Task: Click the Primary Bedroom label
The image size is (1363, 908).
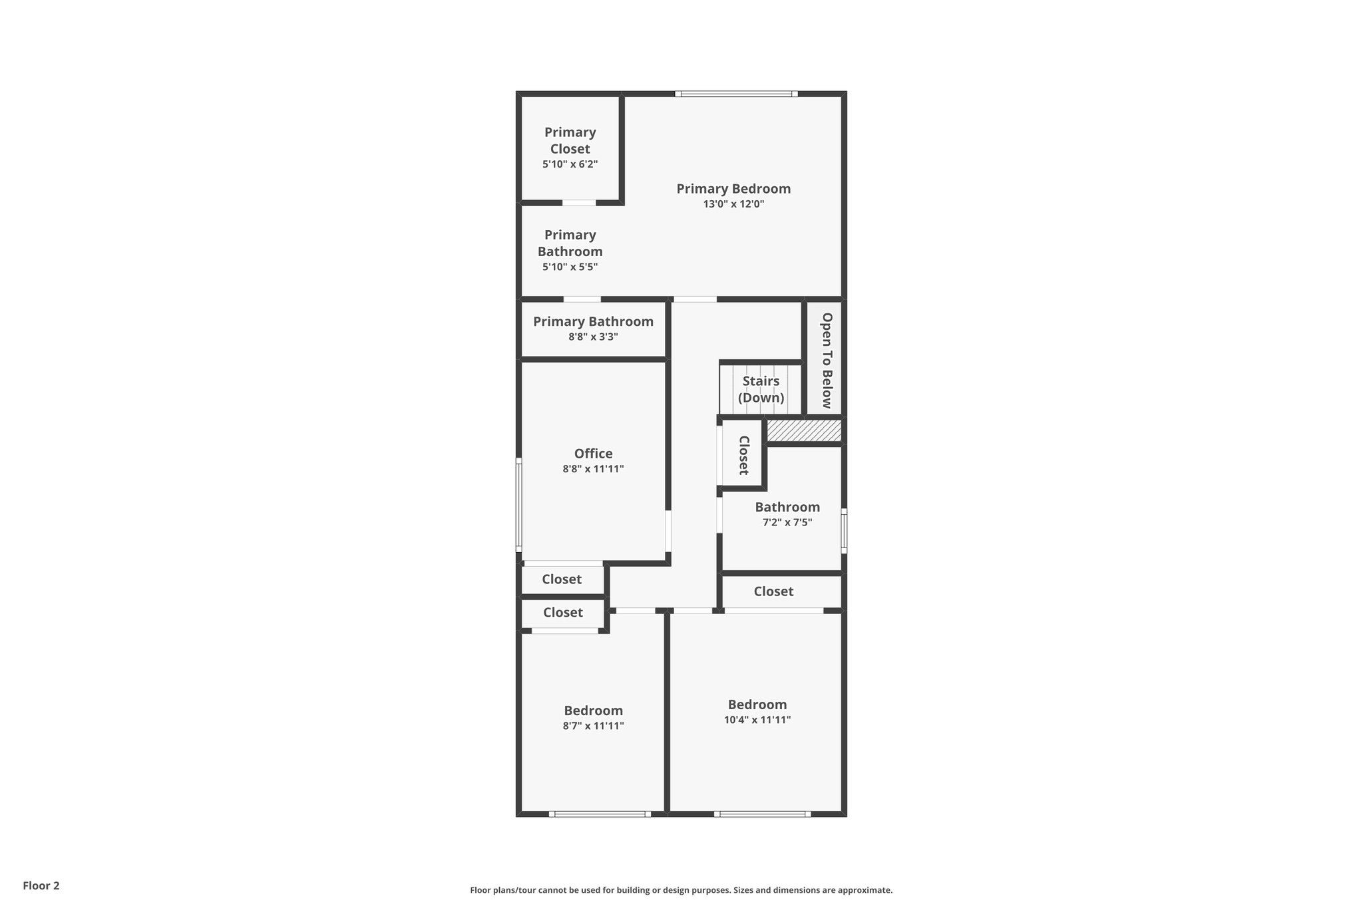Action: coord(733,189)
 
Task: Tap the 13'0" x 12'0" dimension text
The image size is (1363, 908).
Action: coord(733,204)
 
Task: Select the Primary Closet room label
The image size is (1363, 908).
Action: coord(570,140)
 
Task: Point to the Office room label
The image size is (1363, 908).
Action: coord(593,454)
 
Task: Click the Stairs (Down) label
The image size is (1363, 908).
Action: coord(761,389)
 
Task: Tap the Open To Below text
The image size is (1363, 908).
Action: coord(827,360)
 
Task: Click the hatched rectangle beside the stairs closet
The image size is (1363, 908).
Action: coord(804,430)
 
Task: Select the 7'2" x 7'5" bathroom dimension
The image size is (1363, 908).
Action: coord(787,523)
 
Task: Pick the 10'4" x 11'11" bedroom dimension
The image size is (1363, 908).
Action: coord(757,720)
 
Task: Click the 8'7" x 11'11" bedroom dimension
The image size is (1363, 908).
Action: coord(593,726)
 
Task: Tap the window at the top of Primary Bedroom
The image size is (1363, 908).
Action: coord(736,94)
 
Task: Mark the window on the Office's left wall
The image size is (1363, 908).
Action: coord(519,504)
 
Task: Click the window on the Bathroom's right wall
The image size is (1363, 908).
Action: coord(844,531)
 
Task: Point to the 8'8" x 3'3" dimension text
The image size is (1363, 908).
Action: coord(593,337)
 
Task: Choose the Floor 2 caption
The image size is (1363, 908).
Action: coord(41,885)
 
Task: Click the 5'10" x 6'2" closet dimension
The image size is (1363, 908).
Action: coord(570,164)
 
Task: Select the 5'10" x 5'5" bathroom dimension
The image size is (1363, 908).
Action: coord(570,267)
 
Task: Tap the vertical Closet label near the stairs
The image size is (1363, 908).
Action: coord(743,455)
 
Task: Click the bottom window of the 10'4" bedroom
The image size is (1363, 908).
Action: coord(762,814)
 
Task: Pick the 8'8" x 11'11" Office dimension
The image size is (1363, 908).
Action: coord(593,469)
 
